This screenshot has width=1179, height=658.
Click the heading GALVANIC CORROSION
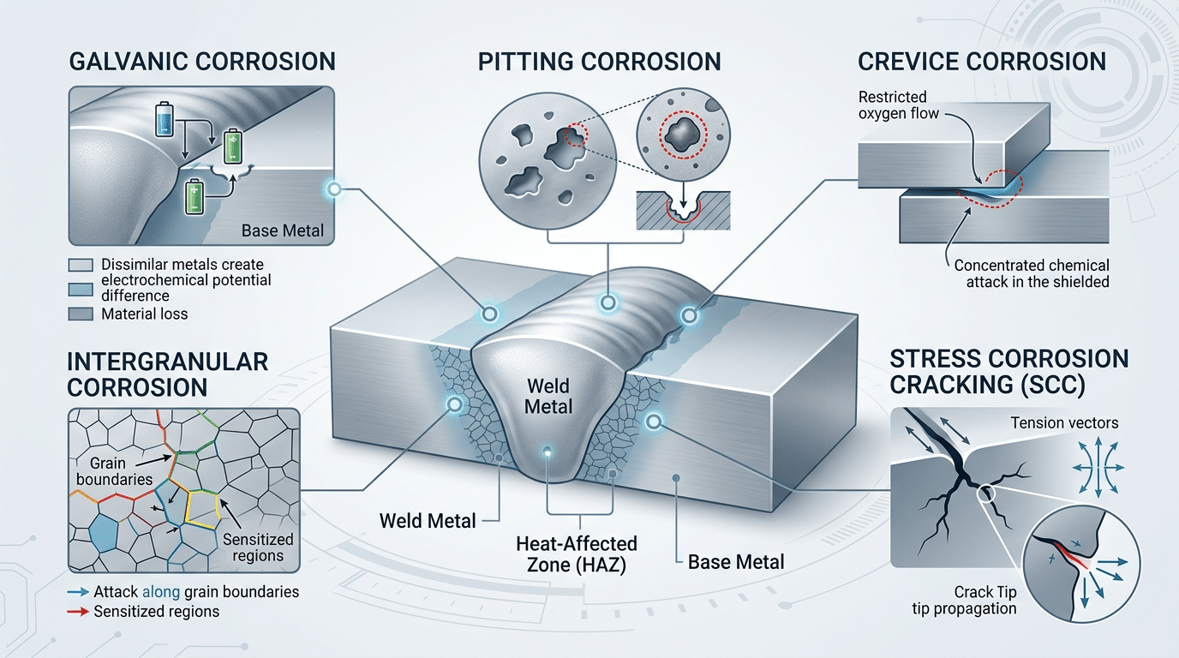coord(200,62)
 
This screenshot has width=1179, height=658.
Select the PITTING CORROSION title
coord(599,62)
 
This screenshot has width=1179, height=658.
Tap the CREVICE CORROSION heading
coord(982,62)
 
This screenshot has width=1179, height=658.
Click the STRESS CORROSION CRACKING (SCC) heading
coord(1009,372)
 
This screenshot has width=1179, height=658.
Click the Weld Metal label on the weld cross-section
coord(548,395)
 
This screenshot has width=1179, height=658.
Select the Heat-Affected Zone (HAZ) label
coord(577,553)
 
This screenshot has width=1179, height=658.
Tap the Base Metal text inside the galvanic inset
coord(282,231)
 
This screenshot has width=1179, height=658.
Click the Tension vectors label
coord(1064,422)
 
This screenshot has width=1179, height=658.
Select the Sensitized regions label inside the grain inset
coord(257,547)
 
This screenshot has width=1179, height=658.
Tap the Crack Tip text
coord(985,592)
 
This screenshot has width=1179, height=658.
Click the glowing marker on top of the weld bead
coord(607,302)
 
